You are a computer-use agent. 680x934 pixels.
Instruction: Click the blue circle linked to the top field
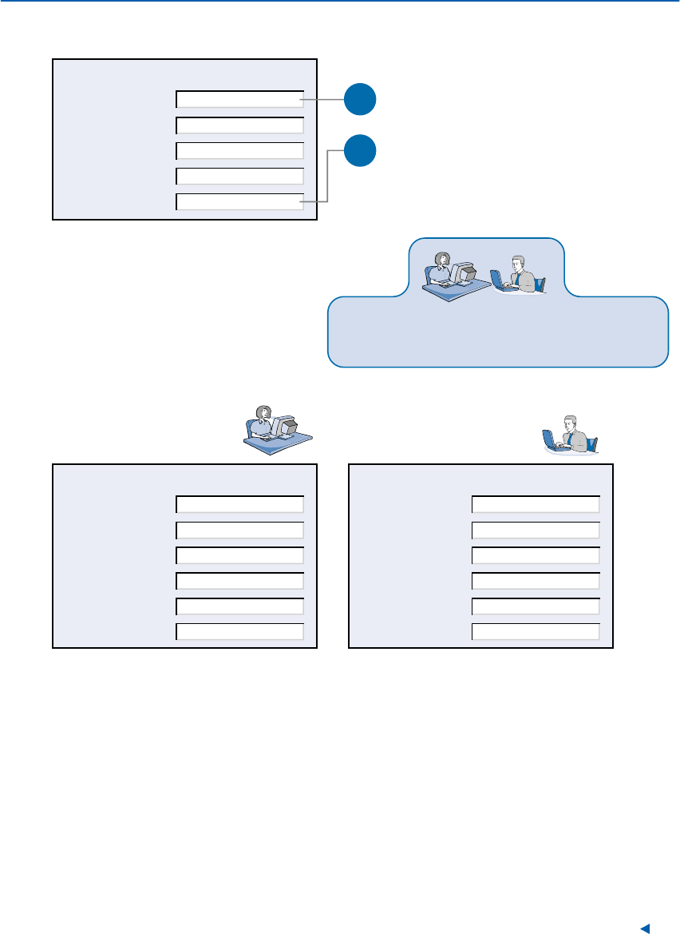pos(360,99)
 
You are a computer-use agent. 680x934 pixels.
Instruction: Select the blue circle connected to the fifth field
pos(360,151)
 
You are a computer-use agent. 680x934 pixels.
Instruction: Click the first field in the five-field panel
pos(239,99)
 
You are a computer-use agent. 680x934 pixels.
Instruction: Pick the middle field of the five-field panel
pos(239,150)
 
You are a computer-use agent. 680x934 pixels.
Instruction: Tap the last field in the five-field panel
pos(239,201)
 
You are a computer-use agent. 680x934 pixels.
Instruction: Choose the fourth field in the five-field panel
pos(239,176)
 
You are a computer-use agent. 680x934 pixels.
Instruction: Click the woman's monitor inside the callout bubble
pos(464,272)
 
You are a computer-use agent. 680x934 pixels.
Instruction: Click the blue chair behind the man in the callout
pos(540,284)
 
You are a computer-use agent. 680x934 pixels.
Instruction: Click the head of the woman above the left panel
pos(260,413)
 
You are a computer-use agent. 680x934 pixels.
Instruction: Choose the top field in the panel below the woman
pos(239,504)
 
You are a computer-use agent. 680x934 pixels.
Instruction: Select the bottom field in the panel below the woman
pos(239,632)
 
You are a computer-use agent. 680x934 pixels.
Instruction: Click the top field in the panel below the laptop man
pos(535,504)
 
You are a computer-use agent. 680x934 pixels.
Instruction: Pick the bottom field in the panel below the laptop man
pos(535,632)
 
